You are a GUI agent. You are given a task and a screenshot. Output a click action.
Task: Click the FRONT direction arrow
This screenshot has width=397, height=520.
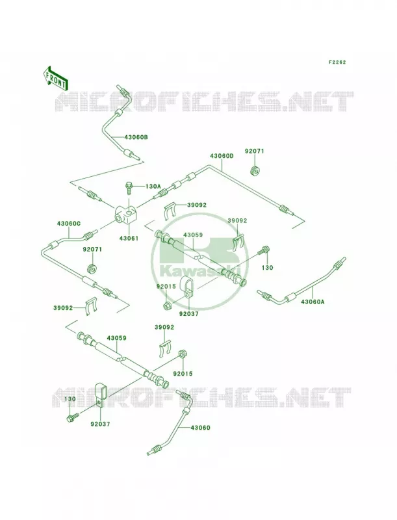click(55, 78)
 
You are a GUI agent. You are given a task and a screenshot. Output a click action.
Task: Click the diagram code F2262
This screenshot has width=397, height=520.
click(337, 62)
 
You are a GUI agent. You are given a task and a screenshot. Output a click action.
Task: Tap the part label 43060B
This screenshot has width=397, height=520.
click(136, 137)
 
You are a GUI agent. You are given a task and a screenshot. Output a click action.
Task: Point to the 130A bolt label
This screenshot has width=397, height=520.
click(153, 187)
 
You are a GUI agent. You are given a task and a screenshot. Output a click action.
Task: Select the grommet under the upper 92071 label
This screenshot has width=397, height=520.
click(255, 170)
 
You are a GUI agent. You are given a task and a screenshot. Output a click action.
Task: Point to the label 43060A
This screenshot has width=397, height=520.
click(313, 302)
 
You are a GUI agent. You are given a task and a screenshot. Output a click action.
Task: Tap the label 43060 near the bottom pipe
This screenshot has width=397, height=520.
click(200, 428)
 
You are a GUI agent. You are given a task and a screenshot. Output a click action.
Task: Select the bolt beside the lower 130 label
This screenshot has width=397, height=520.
click(73, 417)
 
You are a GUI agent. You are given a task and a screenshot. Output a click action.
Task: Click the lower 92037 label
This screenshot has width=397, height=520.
click(100, 424)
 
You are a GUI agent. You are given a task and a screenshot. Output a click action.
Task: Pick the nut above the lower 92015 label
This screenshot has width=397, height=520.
click(182, 354)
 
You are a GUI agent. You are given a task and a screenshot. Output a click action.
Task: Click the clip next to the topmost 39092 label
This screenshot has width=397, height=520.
click(171, 210)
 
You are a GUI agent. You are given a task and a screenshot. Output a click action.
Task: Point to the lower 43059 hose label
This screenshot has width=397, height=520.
click(117, 338)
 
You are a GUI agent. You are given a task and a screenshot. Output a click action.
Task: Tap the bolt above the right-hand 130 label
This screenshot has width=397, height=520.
click(265, 251)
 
